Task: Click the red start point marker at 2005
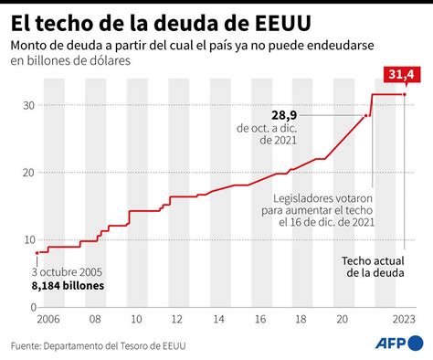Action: [x=37, y=252]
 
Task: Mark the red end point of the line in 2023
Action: [x=405, y=95]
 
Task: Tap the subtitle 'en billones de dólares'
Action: [x=70, y=61]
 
